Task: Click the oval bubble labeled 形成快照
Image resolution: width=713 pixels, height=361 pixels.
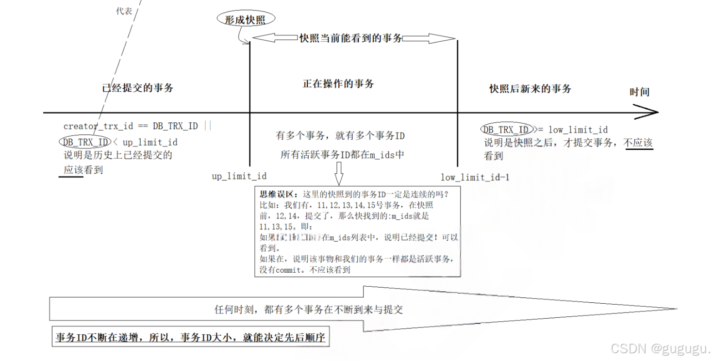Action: point(246,19)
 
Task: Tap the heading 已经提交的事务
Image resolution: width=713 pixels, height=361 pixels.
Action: point(138,88)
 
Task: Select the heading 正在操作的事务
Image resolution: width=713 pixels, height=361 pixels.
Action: point(338,83)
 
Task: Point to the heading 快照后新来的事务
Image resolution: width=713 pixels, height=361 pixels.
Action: point(530,88)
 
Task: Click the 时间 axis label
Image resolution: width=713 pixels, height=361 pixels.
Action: point(639,92)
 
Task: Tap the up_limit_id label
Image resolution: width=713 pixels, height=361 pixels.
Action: point(239,176)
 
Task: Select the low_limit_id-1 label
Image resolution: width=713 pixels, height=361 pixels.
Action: point(475,177)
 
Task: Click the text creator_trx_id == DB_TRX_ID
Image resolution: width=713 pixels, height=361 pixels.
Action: point(131,126)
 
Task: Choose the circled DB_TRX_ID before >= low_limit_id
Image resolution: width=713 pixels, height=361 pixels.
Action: point(506,130)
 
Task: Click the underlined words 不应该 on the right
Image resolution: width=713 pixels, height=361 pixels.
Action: point(638,143)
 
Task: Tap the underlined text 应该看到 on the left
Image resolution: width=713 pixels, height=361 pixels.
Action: point(83,170)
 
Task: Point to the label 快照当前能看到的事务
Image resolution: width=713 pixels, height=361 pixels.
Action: point(350,38)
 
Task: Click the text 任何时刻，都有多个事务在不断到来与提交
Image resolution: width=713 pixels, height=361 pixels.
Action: point(308,309)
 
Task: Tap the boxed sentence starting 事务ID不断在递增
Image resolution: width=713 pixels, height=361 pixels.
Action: point(190,338)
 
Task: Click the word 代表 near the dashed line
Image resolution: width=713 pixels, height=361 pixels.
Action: point(124,11)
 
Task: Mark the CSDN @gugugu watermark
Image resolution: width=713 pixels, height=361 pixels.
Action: point(660,348)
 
